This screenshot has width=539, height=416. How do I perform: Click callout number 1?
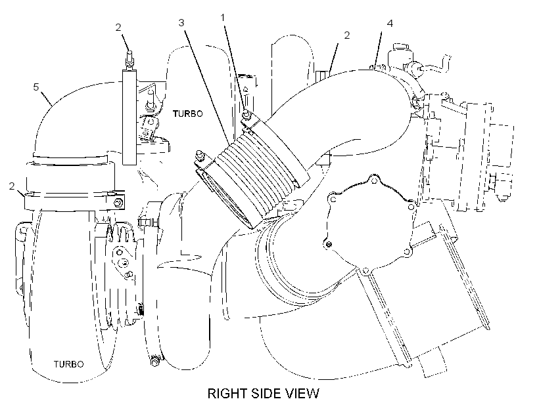pos(223,17)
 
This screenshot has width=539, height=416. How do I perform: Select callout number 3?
pos(181,23)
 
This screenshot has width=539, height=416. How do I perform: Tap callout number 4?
pos(390,23)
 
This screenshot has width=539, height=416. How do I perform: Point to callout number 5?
pos(36,87)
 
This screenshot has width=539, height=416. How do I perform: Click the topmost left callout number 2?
pos(118,28)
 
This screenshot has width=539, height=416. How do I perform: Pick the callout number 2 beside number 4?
pos(347,35)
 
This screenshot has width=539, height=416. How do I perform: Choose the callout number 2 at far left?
pos(12,186)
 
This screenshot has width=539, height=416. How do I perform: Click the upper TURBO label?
pos(188,114)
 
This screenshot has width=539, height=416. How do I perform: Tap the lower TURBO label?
pos(69,364)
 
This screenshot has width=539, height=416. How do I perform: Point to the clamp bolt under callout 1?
pos(246,115)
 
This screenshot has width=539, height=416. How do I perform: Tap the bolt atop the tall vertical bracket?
pos(129,58)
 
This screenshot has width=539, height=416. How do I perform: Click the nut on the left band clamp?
pos(118,203)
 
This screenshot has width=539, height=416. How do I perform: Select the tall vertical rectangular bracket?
pos(129,117)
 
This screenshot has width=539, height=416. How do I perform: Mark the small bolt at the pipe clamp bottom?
pos(154,362)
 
